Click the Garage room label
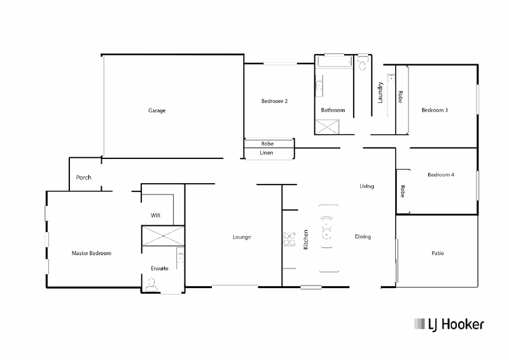(157, 111)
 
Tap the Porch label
(83, 177)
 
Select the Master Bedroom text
(91, 253)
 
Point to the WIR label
(155, 216)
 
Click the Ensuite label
(160, 268)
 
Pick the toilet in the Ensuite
(151, 285)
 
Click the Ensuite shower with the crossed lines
(163, 236)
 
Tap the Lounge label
(242, 237)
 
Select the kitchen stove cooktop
(289, 239)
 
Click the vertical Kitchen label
(305, 240)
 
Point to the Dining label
(363, 237)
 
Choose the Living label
(366, 186)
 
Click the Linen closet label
(266, 153)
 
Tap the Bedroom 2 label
(274, 101)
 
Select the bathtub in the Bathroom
(335, 62)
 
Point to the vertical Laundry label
(380, 92)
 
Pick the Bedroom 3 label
(435, 110)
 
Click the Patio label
(438, 253)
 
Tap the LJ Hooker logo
(449, 324)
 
